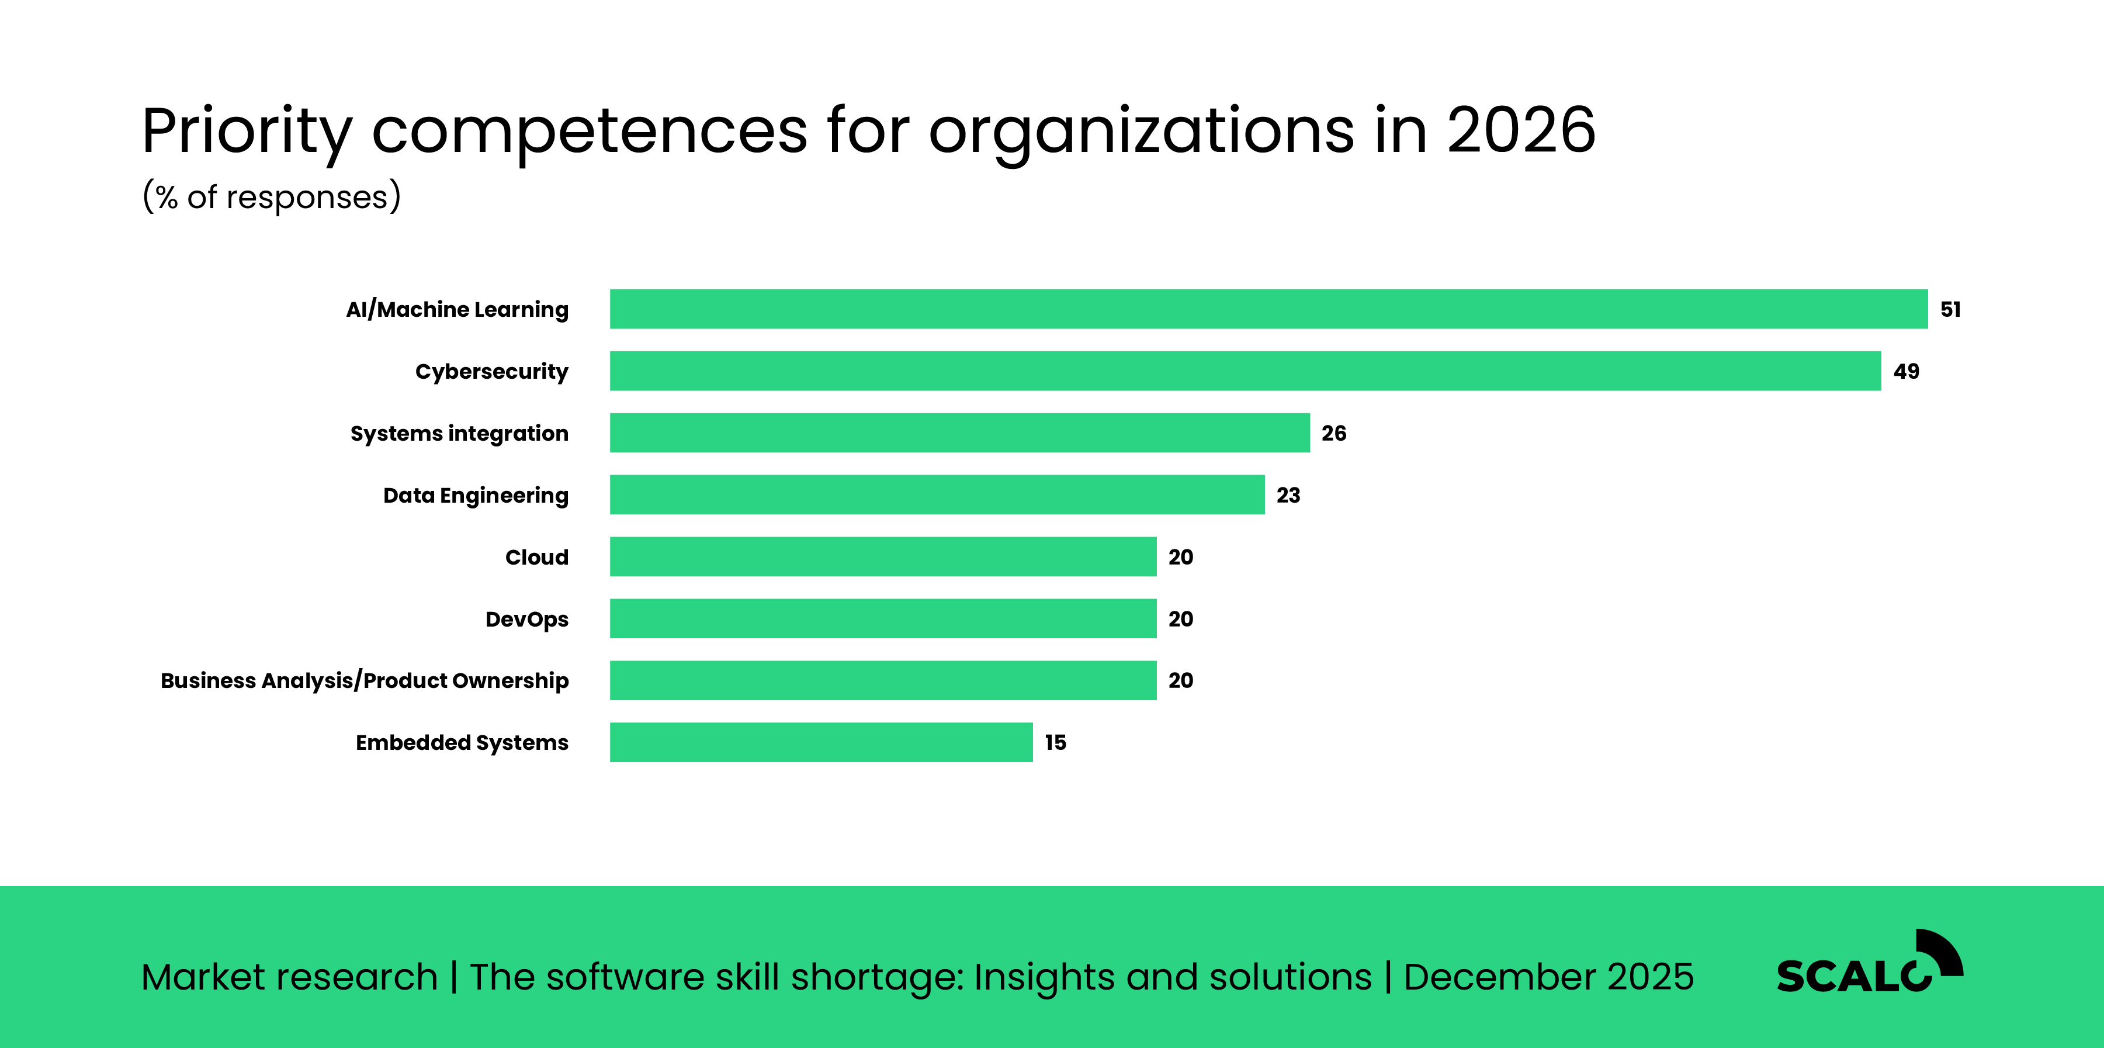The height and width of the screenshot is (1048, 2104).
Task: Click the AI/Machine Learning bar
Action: point(1268,309)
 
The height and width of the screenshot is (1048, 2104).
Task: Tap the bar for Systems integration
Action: point(960,433)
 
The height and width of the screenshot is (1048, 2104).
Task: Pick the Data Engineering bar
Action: point(937,495)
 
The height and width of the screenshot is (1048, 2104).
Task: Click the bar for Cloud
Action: point(883,557)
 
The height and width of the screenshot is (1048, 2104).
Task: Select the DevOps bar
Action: point(883,618)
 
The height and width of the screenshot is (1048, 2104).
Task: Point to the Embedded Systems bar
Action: point(821,742)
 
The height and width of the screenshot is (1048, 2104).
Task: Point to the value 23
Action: point(1288,496)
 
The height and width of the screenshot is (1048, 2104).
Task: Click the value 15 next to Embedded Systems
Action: point(1055,742)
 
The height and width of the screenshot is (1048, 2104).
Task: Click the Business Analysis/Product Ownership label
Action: point(364,680)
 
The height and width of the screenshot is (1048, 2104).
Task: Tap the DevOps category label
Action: point(527,619)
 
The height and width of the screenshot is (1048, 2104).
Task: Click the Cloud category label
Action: point(536,557)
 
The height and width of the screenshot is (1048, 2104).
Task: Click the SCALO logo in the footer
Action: point(1869,964)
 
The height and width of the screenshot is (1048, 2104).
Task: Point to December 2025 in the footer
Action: point(1548,977)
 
